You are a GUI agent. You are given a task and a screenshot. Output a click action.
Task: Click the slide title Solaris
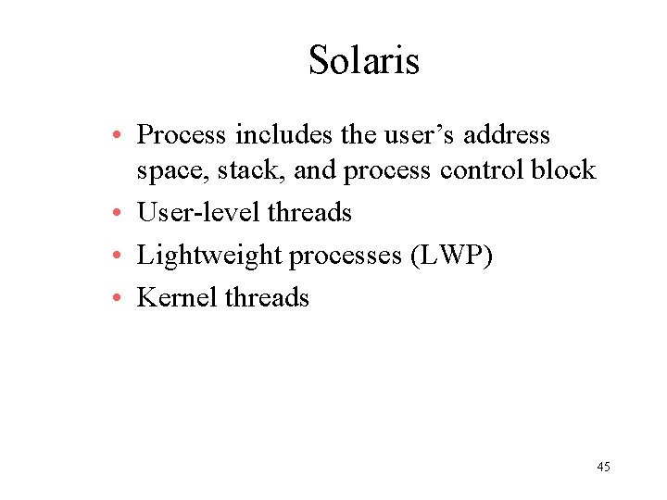point(364,61)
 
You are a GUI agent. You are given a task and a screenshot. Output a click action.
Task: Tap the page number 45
point(603,467)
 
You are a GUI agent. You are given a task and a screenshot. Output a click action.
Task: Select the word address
point(507,135)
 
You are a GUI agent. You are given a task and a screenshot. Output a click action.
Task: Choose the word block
point(564,171)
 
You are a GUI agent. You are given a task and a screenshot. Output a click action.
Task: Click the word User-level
point(198,213)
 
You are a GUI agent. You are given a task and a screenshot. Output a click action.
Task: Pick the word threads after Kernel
point(268,298)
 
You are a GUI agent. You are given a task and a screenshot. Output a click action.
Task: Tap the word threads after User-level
point(309,213)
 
